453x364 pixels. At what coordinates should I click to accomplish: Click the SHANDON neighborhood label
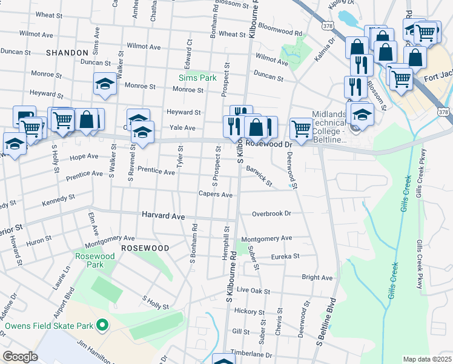[x=67, y=53]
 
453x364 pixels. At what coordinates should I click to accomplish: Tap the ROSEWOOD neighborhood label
[x=145, y=248]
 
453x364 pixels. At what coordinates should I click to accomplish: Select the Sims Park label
[x=197, y=78]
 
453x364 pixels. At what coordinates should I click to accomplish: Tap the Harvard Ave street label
[x=163, y=215]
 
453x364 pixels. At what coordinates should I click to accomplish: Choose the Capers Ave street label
[x=216, y=195]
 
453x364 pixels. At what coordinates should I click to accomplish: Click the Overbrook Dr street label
[x=272, y=214]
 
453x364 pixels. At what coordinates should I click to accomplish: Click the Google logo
[x=20, y=357]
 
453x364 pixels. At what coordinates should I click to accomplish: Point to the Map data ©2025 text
[x=426, y=359]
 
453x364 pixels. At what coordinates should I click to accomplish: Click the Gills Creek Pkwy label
[x=418, y=265]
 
